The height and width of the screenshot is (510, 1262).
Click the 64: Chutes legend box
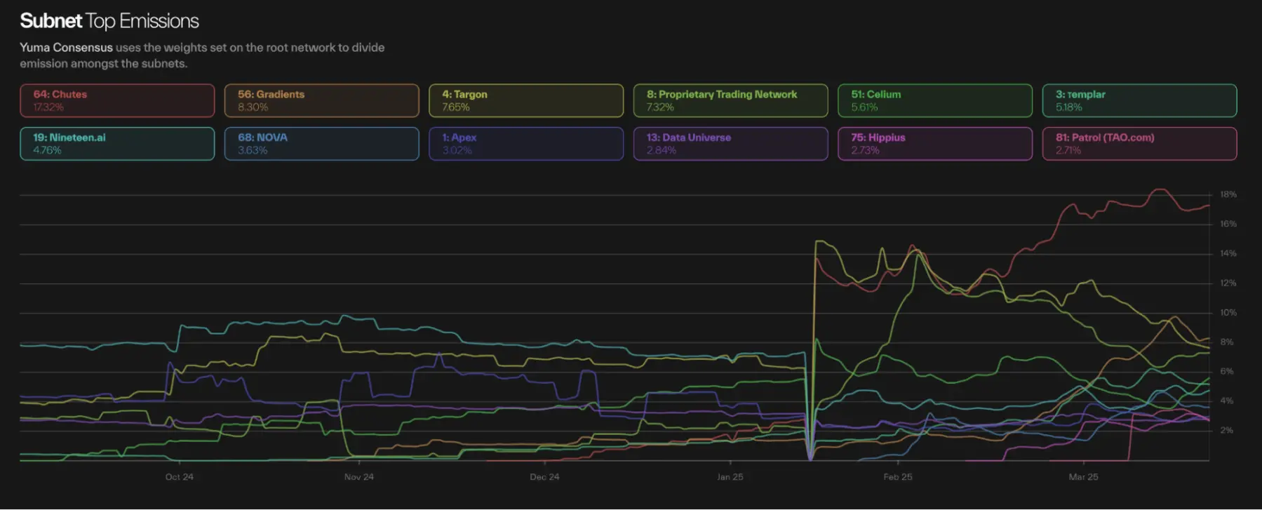pos(117,100)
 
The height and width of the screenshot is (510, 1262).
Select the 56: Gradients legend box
pos(321,100)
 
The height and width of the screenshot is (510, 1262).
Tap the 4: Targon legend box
pos(526,100)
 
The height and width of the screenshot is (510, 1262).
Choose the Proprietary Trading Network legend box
pos(730,100)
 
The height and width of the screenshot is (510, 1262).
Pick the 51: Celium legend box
pos(935,100)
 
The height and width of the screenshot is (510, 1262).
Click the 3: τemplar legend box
pos(1139,100)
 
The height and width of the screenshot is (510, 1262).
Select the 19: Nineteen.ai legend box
pos(117,144)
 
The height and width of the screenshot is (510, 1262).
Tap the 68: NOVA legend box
pos(321,144)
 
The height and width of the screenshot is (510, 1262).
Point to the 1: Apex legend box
pos(526,144)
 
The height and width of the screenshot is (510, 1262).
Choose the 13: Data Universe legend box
pos(730,144)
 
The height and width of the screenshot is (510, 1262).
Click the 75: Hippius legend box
pos(935,144)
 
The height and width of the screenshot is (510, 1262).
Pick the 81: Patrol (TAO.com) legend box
pos(1139,144)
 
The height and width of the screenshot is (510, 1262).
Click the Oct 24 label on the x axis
pos(179,477)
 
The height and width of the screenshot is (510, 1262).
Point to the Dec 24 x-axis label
pos(544,477)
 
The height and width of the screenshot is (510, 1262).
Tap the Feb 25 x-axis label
pos(897,477)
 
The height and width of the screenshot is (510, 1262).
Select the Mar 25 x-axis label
pos(1083,477)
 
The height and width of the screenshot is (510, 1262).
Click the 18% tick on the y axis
pos(1228,194)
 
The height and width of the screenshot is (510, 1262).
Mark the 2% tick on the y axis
pos(1226,430)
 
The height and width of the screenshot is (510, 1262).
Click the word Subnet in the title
pos(51,21)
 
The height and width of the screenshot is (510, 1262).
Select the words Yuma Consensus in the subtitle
pos(66,48)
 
